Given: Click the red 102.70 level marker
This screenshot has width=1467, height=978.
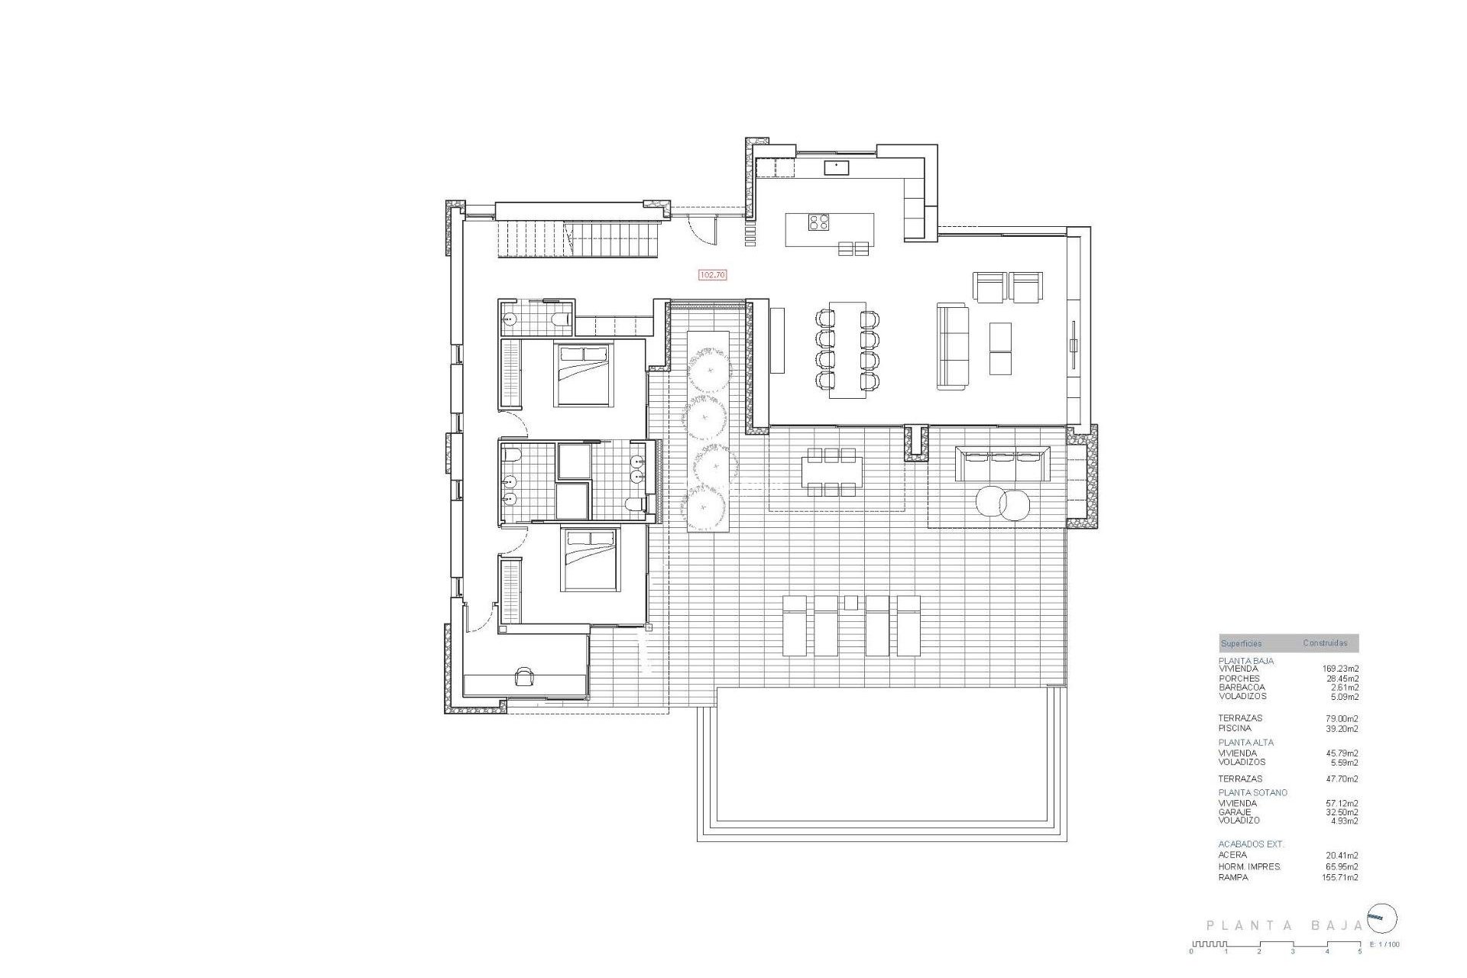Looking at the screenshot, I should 712,274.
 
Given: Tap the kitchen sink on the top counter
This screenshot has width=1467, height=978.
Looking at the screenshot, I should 836,168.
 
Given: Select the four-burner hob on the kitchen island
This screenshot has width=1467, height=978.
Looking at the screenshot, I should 819,222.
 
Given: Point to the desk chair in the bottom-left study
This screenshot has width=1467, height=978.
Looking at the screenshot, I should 525,676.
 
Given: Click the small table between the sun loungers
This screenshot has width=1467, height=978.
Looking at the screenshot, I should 851,603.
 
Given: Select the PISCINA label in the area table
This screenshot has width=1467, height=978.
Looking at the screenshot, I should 1235,728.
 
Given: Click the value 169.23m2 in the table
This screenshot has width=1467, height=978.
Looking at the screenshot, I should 1341,669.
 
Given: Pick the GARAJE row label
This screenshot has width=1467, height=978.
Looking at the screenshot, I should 1235,812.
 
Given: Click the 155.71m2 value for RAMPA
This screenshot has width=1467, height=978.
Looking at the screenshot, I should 1341,877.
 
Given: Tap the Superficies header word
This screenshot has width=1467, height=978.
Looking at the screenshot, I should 1242,643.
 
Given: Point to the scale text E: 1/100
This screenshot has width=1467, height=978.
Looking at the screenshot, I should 1385,944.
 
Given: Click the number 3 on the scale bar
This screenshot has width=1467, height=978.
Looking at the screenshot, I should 1293,951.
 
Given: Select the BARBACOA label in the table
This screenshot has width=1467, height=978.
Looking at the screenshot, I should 1242,688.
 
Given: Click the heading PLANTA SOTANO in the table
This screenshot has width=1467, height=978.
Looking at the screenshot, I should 1252,792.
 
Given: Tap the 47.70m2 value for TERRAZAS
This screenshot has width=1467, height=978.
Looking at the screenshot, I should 1342,779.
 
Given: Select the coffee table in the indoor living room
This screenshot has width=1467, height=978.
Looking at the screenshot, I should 1000,348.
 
